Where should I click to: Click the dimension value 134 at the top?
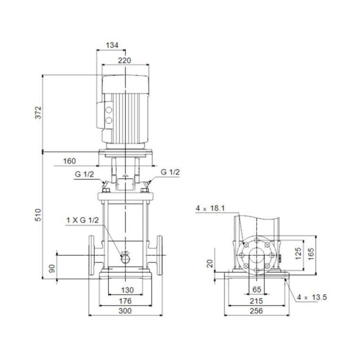(x=112, y=45)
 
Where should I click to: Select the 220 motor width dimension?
(x=124, y=60)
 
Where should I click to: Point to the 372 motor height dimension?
(x=39, y=113)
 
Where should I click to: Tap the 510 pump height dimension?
(x=39, y=215)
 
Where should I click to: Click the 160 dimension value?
(x=69, y=161)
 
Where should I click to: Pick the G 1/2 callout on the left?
(x=84, y=174)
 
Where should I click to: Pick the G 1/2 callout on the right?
(x=171, y=172)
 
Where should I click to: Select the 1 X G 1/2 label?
(x=83, y=220)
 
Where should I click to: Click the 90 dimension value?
(x=52, y=269)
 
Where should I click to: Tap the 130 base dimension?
(x=127, y=290)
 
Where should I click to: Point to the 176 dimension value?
(x=124, y=301)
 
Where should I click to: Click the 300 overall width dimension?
(x=124, y=311)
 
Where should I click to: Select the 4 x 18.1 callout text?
(x=211, y=208)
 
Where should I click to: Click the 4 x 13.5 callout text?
(x=311, y=297)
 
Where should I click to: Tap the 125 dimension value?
(x=297, y=254)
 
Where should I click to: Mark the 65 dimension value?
(x=257, y=289)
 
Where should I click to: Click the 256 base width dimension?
(x=256, y=311)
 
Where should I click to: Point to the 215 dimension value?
(x=256, y=300)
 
